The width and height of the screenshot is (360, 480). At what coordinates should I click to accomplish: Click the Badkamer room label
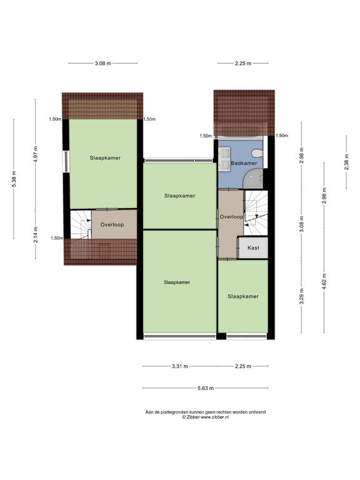pos(244,163)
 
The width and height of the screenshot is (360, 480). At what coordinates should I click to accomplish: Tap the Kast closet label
pos(253,247)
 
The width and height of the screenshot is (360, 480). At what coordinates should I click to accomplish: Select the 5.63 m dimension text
pos(206,388)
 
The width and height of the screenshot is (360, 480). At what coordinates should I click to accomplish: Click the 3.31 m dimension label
pos(180,366)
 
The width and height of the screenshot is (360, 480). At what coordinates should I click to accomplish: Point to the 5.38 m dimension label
pos(14,179)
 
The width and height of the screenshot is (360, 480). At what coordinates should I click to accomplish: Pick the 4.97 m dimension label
pos(36,155)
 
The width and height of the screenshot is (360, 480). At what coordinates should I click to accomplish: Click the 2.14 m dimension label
pos(36,234)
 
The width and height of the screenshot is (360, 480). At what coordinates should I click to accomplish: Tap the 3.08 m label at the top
pos(103,63)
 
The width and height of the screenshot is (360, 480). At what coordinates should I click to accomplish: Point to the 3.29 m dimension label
pos(302,296)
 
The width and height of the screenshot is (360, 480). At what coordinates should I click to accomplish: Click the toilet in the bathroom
pos(257,152)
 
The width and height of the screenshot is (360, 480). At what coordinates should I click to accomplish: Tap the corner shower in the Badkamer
pos(254,179)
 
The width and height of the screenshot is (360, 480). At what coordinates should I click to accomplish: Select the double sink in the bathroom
pos(225,154)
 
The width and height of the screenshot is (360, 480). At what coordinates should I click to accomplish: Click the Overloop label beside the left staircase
pos(112,225)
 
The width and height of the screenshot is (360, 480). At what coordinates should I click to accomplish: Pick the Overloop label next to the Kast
pos(231,217)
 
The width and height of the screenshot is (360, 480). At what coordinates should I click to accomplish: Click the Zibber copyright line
pos(206,417)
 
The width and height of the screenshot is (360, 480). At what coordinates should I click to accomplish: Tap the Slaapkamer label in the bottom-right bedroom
pos(243,296)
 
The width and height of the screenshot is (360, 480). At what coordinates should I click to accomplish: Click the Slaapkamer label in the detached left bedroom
pos(105,158)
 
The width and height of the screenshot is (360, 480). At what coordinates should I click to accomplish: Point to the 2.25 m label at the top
pos(243,63)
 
